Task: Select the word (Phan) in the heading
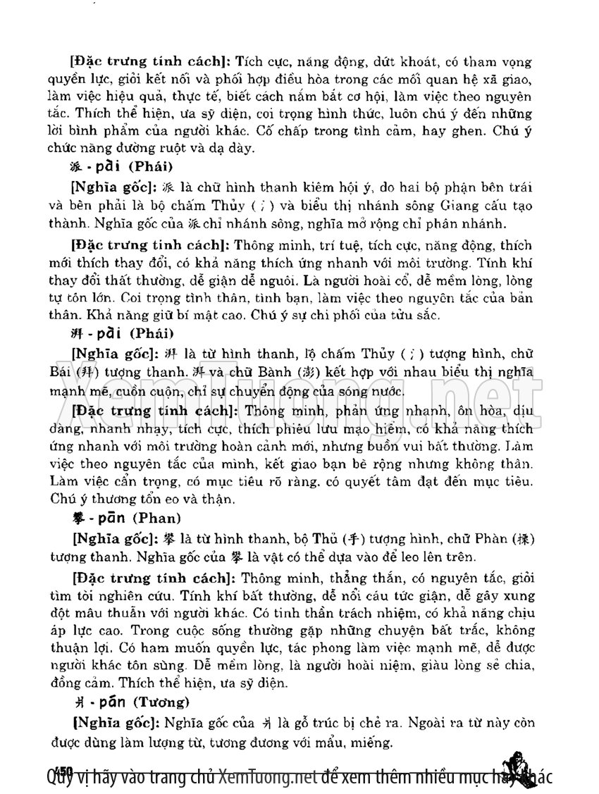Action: [x=160, y=518]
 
